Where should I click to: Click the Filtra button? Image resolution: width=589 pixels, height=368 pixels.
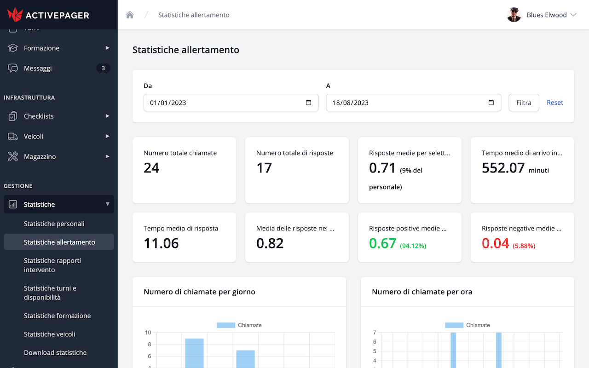tap(524, 103)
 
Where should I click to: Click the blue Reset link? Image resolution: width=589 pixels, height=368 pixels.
tap(554, 103)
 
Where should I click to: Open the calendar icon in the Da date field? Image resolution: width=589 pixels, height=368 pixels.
tap(308, 103)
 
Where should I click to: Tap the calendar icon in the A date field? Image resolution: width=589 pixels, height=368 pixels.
tap(491, 103)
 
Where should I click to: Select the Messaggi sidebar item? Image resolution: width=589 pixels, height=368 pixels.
tap(38, 68)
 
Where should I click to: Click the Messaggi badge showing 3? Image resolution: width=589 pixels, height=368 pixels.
tap(103, 68)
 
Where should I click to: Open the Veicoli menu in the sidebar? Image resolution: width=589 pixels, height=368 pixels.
tap(34, 136)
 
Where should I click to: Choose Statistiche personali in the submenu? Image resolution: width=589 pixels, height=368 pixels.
tap(54, 224)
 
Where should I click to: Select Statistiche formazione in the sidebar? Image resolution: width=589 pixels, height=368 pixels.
tap(57, 316)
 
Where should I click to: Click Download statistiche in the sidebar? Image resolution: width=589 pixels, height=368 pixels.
tap(55, 352)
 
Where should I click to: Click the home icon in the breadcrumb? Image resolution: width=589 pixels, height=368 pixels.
tap(130, 15)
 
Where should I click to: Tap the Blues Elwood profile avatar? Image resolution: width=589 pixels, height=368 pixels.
tap(514, 15)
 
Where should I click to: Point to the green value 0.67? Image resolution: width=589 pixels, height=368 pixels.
tap(382, 243)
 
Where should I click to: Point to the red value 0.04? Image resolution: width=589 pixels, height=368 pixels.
tap(495, 243)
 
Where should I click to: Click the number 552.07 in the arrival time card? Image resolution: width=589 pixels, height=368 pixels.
tap(503, 168)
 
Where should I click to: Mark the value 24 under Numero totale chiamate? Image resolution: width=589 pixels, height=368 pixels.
tap(151, 168)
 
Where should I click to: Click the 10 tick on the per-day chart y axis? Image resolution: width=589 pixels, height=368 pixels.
tap(148, 333)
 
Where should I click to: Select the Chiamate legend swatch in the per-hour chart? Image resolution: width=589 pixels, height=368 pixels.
tap(454, 325)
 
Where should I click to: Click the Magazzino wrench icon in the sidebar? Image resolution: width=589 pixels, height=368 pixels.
tap(13, 156)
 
